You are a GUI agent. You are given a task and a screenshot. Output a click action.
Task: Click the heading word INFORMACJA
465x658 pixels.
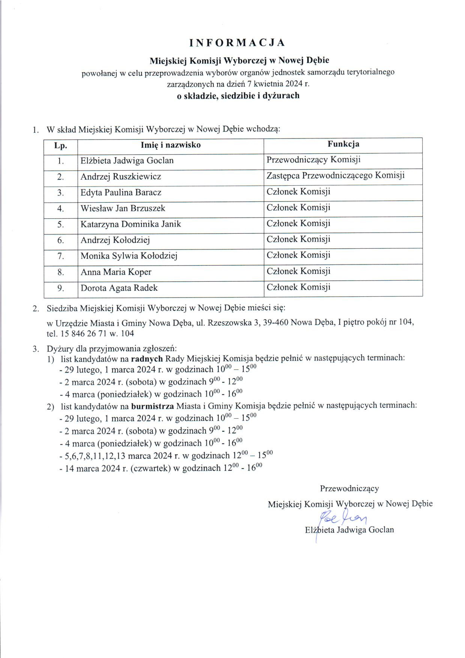[x=237, y=43]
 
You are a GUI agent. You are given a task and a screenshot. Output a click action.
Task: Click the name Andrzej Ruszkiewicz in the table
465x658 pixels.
[x=121, y=177]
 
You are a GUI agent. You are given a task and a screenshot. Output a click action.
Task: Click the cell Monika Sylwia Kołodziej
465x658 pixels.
[x=129, y=256]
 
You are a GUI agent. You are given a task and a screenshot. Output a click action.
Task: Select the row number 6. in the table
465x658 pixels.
[x=60, y=240]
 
